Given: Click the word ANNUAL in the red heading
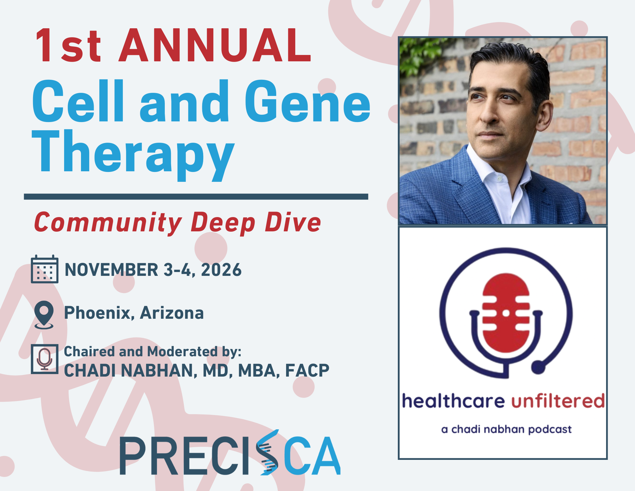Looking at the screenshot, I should coord(215,45).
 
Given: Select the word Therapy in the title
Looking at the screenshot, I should coord(133,153).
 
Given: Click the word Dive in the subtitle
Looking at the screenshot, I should coord(293,222).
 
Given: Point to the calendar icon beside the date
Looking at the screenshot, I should coord(44,269).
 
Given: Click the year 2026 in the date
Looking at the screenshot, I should coord(221,270).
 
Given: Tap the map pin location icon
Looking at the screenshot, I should coord(44,314).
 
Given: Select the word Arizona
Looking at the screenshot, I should coord(172,313).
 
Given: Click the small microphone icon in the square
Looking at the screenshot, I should coord(44,359).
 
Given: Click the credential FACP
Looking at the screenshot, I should coord(307,371).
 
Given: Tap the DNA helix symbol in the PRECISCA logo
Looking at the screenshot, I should coord(268,453).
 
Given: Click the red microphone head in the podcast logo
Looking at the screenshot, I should coord(506,313).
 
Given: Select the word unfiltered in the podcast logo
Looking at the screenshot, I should coord(558,401).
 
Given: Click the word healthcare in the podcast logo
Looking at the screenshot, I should coord(453,401).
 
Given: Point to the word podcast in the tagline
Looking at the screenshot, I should coord(550,430).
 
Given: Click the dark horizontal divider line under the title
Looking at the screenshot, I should coord(196,197).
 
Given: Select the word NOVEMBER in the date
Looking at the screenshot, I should coord(111,270).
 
